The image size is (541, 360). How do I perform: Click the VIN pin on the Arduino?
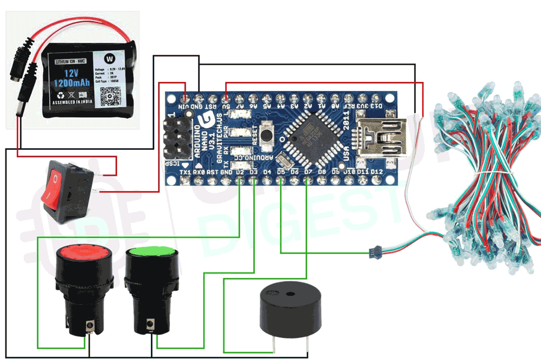[x=186, y=98]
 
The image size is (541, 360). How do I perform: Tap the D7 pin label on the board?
[x=308, y=172]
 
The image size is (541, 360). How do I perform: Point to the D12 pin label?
[x=377, y=172]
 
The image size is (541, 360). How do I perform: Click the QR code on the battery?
[x=117, y=90]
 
